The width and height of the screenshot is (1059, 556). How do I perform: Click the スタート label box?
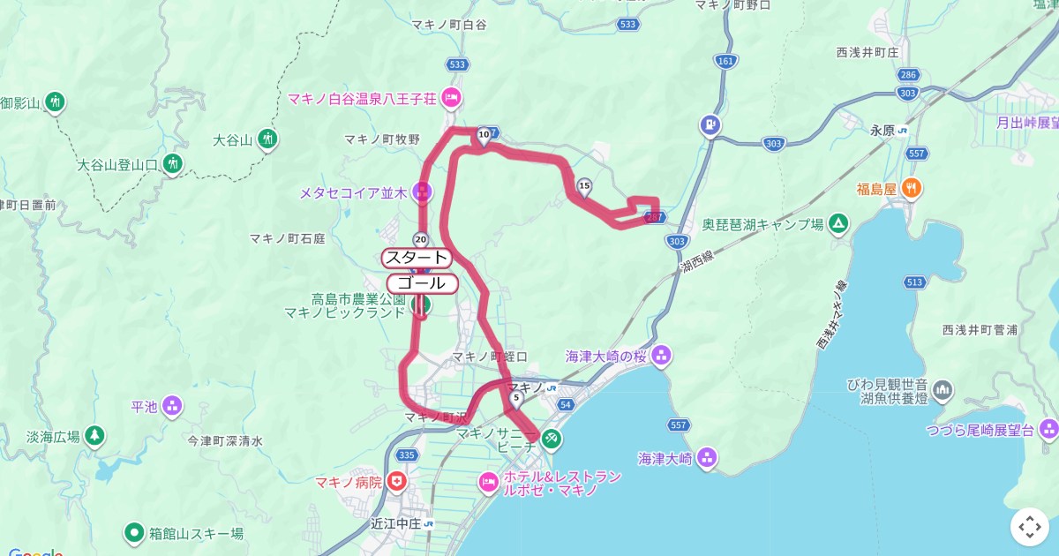417,258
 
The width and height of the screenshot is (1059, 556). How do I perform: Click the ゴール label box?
422,283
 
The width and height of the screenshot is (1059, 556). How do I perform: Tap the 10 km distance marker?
484,135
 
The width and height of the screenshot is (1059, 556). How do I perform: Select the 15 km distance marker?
584,185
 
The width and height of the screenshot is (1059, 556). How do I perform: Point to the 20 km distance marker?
421,240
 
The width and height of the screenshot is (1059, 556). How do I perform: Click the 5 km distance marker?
515,398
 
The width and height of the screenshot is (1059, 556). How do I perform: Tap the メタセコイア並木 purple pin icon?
424,191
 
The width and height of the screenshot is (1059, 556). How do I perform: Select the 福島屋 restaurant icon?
913,187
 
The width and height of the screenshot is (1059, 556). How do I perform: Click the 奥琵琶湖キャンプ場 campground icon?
837,224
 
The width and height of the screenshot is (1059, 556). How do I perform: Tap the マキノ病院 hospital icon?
398,482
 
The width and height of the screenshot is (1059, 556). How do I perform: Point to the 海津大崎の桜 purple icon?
662,357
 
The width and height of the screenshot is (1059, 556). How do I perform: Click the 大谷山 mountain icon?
268,139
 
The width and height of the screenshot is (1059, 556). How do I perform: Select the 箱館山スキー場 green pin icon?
134,532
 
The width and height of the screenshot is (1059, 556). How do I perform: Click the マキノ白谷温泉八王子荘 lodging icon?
452,97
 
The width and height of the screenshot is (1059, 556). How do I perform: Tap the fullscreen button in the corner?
1030,527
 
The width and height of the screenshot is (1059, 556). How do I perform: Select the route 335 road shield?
407,455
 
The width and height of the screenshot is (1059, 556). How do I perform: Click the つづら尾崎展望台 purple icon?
1048,430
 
